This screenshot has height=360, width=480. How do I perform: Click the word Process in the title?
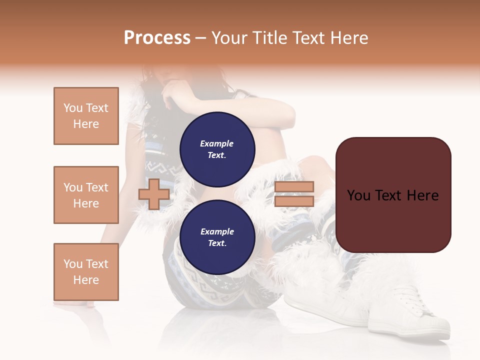point(157,38)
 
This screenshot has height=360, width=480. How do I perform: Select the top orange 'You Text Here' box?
point(86,116)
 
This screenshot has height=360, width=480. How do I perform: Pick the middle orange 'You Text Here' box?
point(86,195)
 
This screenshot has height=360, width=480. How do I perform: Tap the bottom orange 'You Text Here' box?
point(86,272)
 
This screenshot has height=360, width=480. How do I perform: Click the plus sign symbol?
point(154,194)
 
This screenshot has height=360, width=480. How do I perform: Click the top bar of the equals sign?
point(294,186)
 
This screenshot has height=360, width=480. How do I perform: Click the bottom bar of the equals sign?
point(294,201)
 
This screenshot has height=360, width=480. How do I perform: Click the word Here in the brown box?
point(422,195)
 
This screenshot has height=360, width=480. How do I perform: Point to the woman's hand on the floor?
point(75,303)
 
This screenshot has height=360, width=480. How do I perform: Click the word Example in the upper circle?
point(216,143)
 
